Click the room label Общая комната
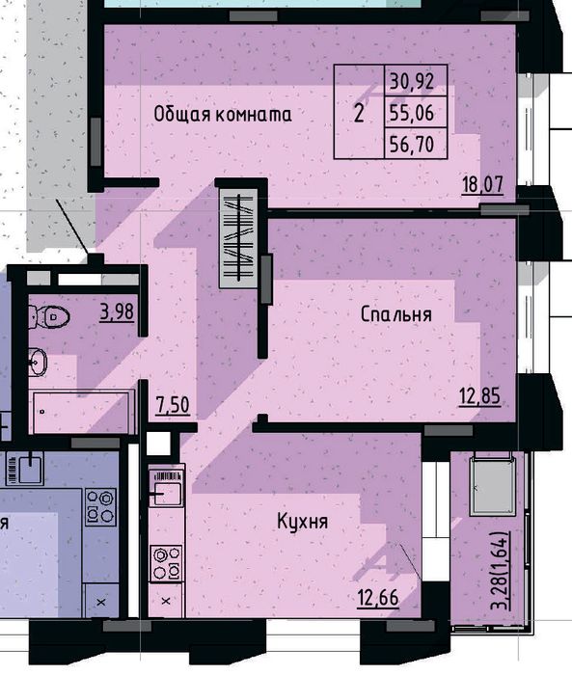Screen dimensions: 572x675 coord(223,115)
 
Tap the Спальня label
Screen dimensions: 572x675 coord(395,314)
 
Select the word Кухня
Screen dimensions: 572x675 coord(302,522)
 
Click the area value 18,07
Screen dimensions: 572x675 coord(482,185)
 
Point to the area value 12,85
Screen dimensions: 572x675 coord(479,396)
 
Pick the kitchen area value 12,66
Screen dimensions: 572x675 coord(378,598)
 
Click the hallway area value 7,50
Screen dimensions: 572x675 coord(173,405)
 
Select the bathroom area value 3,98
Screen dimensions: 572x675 coord(117,311)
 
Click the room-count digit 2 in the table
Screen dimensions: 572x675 coord(359,114)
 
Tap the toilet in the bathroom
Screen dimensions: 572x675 coord(49,317)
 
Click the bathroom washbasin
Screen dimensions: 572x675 coord(38,362)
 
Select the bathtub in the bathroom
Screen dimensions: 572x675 coord(82,412)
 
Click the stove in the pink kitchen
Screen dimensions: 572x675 coord(166,563)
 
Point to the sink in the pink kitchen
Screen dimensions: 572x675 coord(166,489)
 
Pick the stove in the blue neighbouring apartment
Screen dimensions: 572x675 coord(100,506)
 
